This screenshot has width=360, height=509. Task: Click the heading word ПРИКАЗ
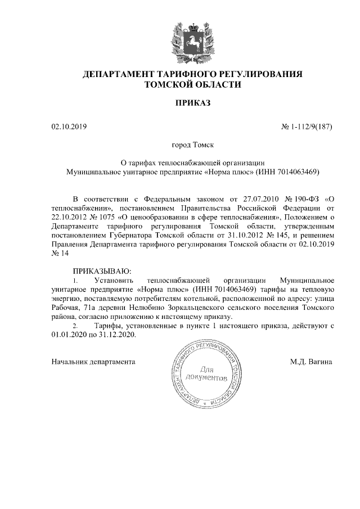[192, 103]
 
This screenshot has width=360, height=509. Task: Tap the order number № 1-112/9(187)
[306, 127]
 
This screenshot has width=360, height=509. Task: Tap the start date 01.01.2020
[68, 335]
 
